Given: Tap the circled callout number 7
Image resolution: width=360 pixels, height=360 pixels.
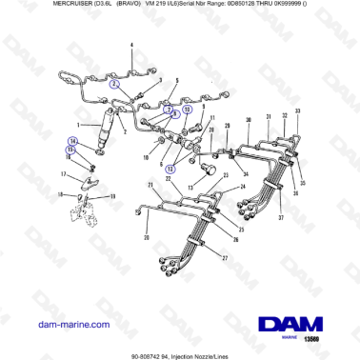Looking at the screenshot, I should click(x=167, y=110).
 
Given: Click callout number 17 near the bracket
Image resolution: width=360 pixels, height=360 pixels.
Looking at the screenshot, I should click(x=65, y=173).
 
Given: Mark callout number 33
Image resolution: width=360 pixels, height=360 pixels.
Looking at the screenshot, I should click(x=297, y=111).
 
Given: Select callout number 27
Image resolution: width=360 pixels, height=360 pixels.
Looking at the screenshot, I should click(x=225, y=258).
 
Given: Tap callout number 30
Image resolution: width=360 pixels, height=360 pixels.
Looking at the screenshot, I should click(x=249, y=119).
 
